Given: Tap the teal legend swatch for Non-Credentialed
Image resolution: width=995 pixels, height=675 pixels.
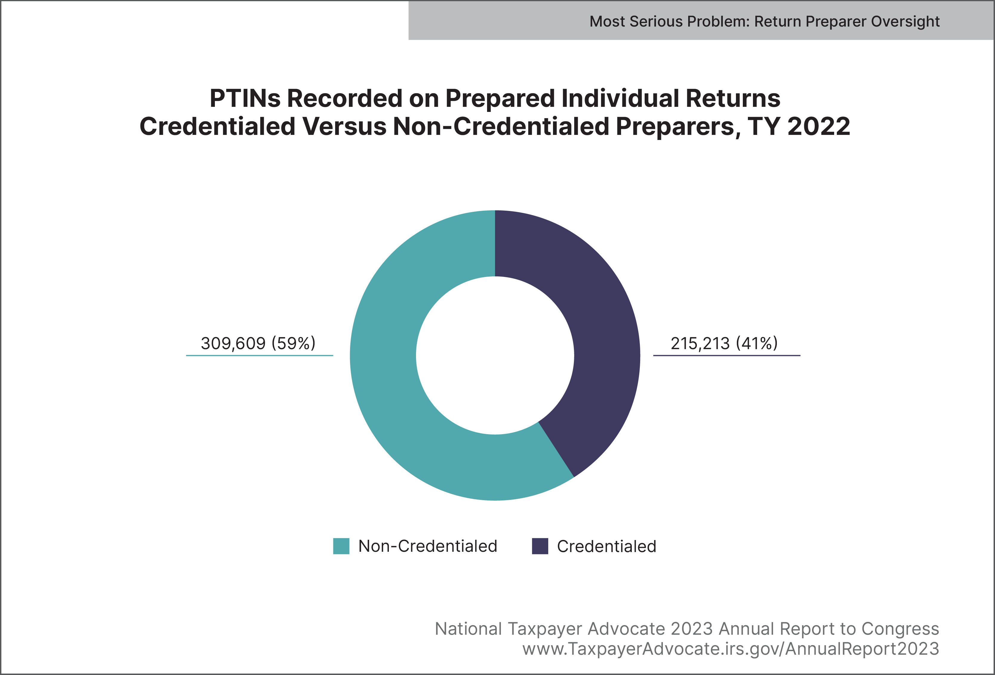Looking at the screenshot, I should [341, 546].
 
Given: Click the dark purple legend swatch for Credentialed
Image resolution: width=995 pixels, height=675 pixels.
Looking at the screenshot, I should [540, 546].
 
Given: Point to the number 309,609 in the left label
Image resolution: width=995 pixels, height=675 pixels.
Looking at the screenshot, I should [233, 343].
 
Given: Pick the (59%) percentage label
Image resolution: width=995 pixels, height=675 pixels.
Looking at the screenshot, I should [294, 343].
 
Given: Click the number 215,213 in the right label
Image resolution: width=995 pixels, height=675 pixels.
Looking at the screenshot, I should [700, 343].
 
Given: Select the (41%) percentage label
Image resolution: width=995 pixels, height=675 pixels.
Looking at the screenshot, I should [757, 343].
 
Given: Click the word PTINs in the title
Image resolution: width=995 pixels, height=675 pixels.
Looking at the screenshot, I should [245, 98].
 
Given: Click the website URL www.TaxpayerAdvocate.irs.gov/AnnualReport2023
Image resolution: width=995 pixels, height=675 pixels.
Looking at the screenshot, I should [730, 649].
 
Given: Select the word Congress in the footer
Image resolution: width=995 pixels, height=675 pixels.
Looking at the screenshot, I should [900, 629].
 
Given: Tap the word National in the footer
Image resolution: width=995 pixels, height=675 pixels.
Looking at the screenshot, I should [468, 629].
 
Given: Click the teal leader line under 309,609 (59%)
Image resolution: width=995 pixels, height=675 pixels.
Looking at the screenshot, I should [259, 355].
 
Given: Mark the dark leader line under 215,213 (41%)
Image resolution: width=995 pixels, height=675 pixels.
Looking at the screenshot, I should [727, 355].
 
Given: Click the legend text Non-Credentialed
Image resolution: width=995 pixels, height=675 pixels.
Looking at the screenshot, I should [428, 546].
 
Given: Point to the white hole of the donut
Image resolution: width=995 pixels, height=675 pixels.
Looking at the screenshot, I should [495, 355].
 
